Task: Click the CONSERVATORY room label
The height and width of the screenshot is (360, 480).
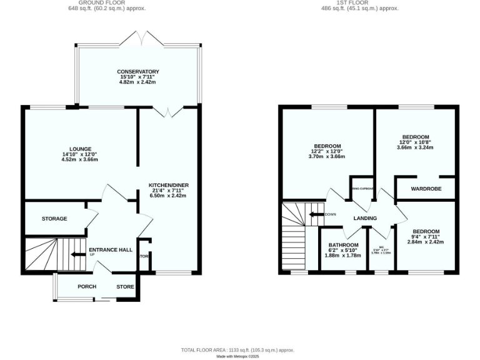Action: [x=138, y=72]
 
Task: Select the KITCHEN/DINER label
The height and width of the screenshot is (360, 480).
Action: [x=168, y=186]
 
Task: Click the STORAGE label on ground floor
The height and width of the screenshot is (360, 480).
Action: [x=54, y=219]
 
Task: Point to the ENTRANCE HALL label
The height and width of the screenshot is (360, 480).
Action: [x=111, y=250]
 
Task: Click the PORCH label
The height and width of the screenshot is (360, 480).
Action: [x=87, y=287]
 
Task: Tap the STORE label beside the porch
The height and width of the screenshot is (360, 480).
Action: [x=125, y=287]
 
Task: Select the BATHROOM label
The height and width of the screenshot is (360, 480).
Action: [x=344, y=245]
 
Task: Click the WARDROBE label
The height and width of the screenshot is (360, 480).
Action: [x=426, y=189]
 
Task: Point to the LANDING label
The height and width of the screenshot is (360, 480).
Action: [x=365, y=219]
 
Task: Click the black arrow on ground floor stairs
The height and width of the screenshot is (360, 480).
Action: [x=78, y=254]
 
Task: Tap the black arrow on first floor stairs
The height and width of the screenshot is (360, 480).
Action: [x=316, y=214]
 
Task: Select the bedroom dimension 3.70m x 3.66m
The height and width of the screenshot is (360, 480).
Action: [x=327, y=156]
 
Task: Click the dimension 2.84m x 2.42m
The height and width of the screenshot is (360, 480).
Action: [x=426, y=242]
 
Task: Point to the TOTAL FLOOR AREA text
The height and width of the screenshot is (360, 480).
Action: [x=237, y=351]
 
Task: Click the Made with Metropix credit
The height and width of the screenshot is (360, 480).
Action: [x=237, y=357]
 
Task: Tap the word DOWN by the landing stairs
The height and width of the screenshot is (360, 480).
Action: [x=331, y=214]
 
